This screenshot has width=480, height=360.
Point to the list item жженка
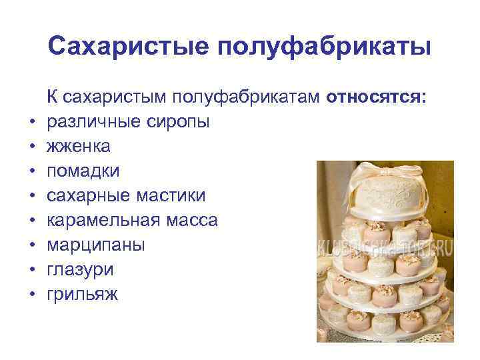(79, 147)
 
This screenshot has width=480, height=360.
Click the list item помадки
(84, 171)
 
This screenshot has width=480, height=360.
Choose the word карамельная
(101, 221)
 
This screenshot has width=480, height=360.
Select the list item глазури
(81, 270)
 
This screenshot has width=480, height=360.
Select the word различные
(90, 123)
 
